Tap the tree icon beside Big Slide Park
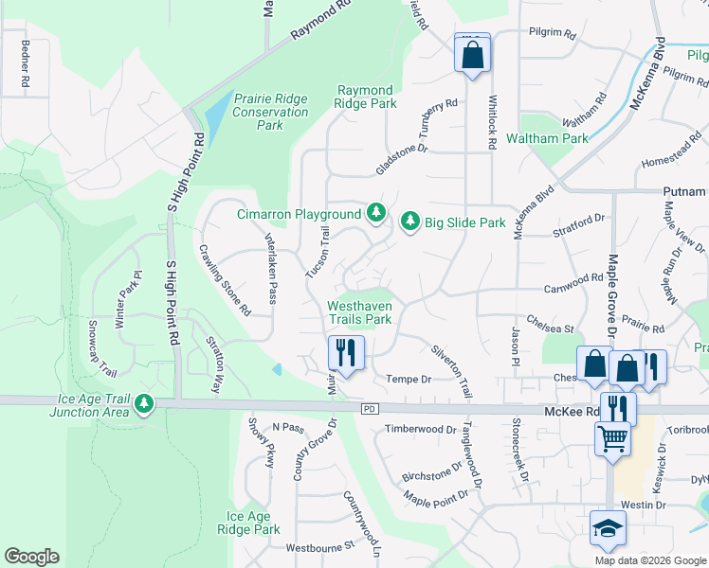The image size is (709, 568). [410, 222]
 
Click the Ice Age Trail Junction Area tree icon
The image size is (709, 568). [144, 404]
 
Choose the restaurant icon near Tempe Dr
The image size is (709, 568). [346, 355]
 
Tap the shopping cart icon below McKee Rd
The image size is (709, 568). [612, 439]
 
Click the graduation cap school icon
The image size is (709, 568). [607, 528]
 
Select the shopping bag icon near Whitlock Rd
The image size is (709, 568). [472, 54]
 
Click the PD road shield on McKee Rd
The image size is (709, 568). [371, 409]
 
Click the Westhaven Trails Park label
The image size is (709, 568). [359, 313]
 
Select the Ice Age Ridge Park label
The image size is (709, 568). [253, 523]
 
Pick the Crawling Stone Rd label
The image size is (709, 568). [225, 280]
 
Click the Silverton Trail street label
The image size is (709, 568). [451, 369]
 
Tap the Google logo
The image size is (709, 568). [31, 557]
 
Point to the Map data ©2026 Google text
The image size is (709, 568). [649, 560]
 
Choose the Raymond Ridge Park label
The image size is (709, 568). [367, 98]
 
